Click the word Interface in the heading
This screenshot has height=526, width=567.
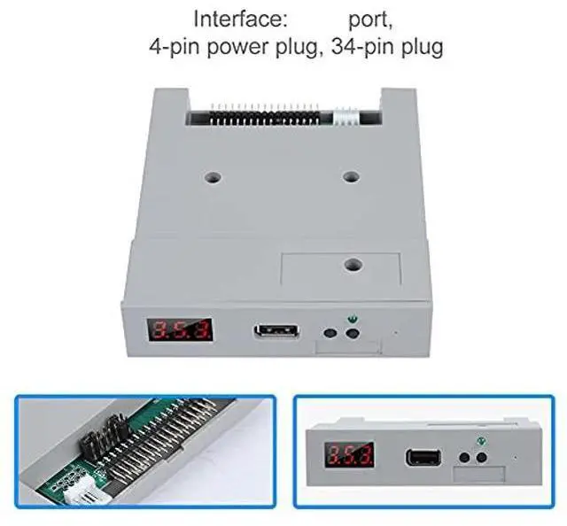(x=240, y=19)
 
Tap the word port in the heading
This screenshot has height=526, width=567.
(x=370, y=20)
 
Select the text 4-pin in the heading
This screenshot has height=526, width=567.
(x=175, y=47)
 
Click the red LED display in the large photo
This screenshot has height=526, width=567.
(x=179, y=329)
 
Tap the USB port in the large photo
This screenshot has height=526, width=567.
(x=276, y=330)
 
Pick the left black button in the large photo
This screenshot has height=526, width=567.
(x=330, y=333)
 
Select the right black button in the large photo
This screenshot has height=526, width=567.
(x=353, y=333)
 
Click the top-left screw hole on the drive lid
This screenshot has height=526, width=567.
(x=213, y=177)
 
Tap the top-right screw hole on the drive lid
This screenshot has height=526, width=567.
(x=351, y=177)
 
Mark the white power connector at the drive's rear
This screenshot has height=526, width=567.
(x=346, y=116)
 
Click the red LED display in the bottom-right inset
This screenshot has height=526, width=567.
(x=349, y=453)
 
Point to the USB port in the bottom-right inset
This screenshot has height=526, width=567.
(x=423, y=457)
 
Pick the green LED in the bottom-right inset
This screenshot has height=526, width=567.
(x=481, y=441)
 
